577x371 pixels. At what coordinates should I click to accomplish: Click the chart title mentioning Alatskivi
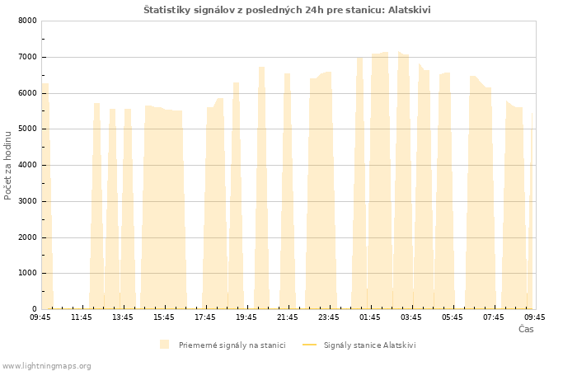[287, 10]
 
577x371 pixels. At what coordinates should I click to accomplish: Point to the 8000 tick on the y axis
[27, 21]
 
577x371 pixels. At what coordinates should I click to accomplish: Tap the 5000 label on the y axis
[27, 129]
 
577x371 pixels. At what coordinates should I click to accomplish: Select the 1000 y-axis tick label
[27, 273]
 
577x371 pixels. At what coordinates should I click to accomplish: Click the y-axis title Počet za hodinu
[7, 166]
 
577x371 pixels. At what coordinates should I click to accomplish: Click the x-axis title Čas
[526, 329]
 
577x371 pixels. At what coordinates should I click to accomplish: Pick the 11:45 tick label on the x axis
[82, 317]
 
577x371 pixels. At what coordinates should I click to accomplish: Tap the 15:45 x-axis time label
[164, 317]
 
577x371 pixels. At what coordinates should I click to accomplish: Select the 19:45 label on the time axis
[246, 317]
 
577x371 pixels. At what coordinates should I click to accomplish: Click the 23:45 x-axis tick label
[329, 317]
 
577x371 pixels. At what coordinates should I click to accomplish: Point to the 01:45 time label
[370, 317]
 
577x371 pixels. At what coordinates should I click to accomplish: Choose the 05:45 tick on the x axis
[453, 317]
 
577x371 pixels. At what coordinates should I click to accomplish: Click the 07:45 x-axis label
[494, 317]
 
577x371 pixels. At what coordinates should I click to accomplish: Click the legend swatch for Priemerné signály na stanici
[165, 345]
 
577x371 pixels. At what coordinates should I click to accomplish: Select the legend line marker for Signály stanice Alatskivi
[309, 345]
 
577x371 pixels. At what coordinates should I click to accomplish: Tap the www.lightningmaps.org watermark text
[47, 366]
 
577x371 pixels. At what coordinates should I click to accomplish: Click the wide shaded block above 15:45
[164, 208]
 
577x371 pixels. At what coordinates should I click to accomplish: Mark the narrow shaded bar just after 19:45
[261, 189]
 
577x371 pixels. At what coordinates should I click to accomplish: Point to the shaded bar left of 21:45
[288, 191]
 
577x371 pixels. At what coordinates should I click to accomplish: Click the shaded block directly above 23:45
[321, 191]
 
